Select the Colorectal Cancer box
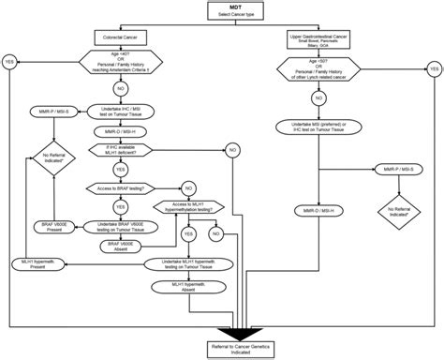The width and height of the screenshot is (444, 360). click(x=120, y=38)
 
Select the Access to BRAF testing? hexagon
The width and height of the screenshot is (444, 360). click(x=120, y=187)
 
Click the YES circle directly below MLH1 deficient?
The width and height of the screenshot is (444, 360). click(x=120, y=169)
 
